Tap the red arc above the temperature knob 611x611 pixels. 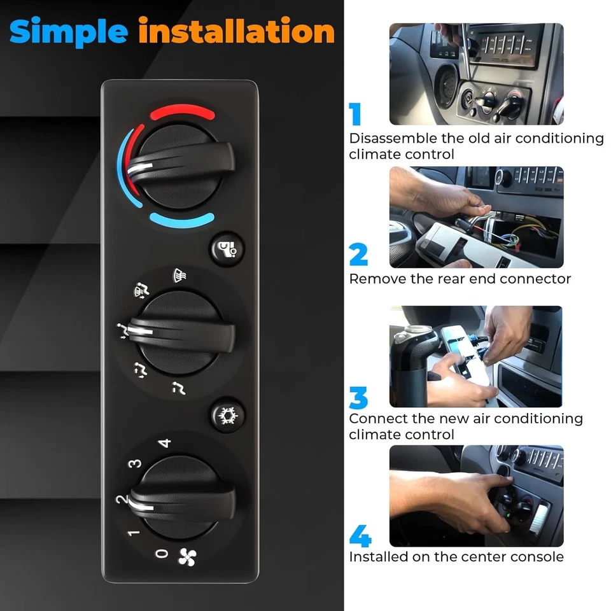coord(182,114)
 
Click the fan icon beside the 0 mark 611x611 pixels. coord(187,556)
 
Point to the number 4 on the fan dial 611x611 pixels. coord(165,442)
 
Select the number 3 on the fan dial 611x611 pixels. coord(135,463)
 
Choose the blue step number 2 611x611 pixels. coord(358,255)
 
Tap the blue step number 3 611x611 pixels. coord(358,398)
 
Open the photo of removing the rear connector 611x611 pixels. coord(476,217)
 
